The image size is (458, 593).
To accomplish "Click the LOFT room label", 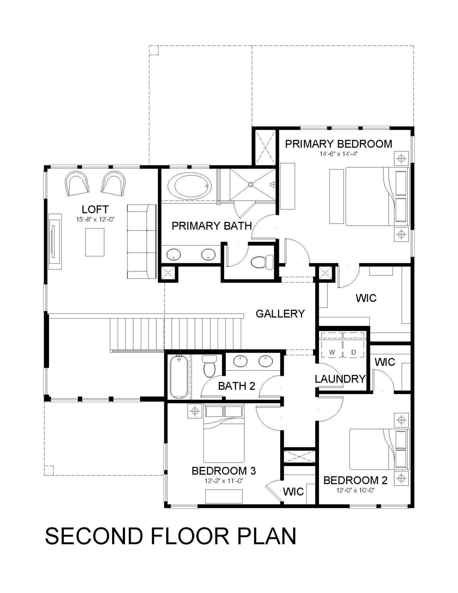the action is [x=95, y=209].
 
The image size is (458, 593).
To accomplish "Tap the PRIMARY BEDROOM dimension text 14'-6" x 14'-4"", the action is [x=339, y=154].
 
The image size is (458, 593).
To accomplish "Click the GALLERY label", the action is [x=280, y=314].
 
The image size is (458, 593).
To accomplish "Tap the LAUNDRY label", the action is [x=340, y=379].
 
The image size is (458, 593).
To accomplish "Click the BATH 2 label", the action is [x=237, y=386].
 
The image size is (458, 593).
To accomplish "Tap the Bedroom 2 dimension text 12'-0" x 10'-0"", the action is [x=355, y=490].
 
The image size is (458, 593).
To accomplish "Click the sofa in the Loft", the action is [x=142, y=242].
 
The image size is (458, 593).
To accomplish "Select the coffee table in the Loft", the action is [x=95, y=242].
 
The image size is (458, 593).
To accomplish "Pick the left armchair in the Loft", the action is [x=77, y=183].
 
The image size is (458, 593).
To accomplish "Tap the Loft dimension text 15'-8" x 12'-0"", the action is [x=95, y=219].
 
